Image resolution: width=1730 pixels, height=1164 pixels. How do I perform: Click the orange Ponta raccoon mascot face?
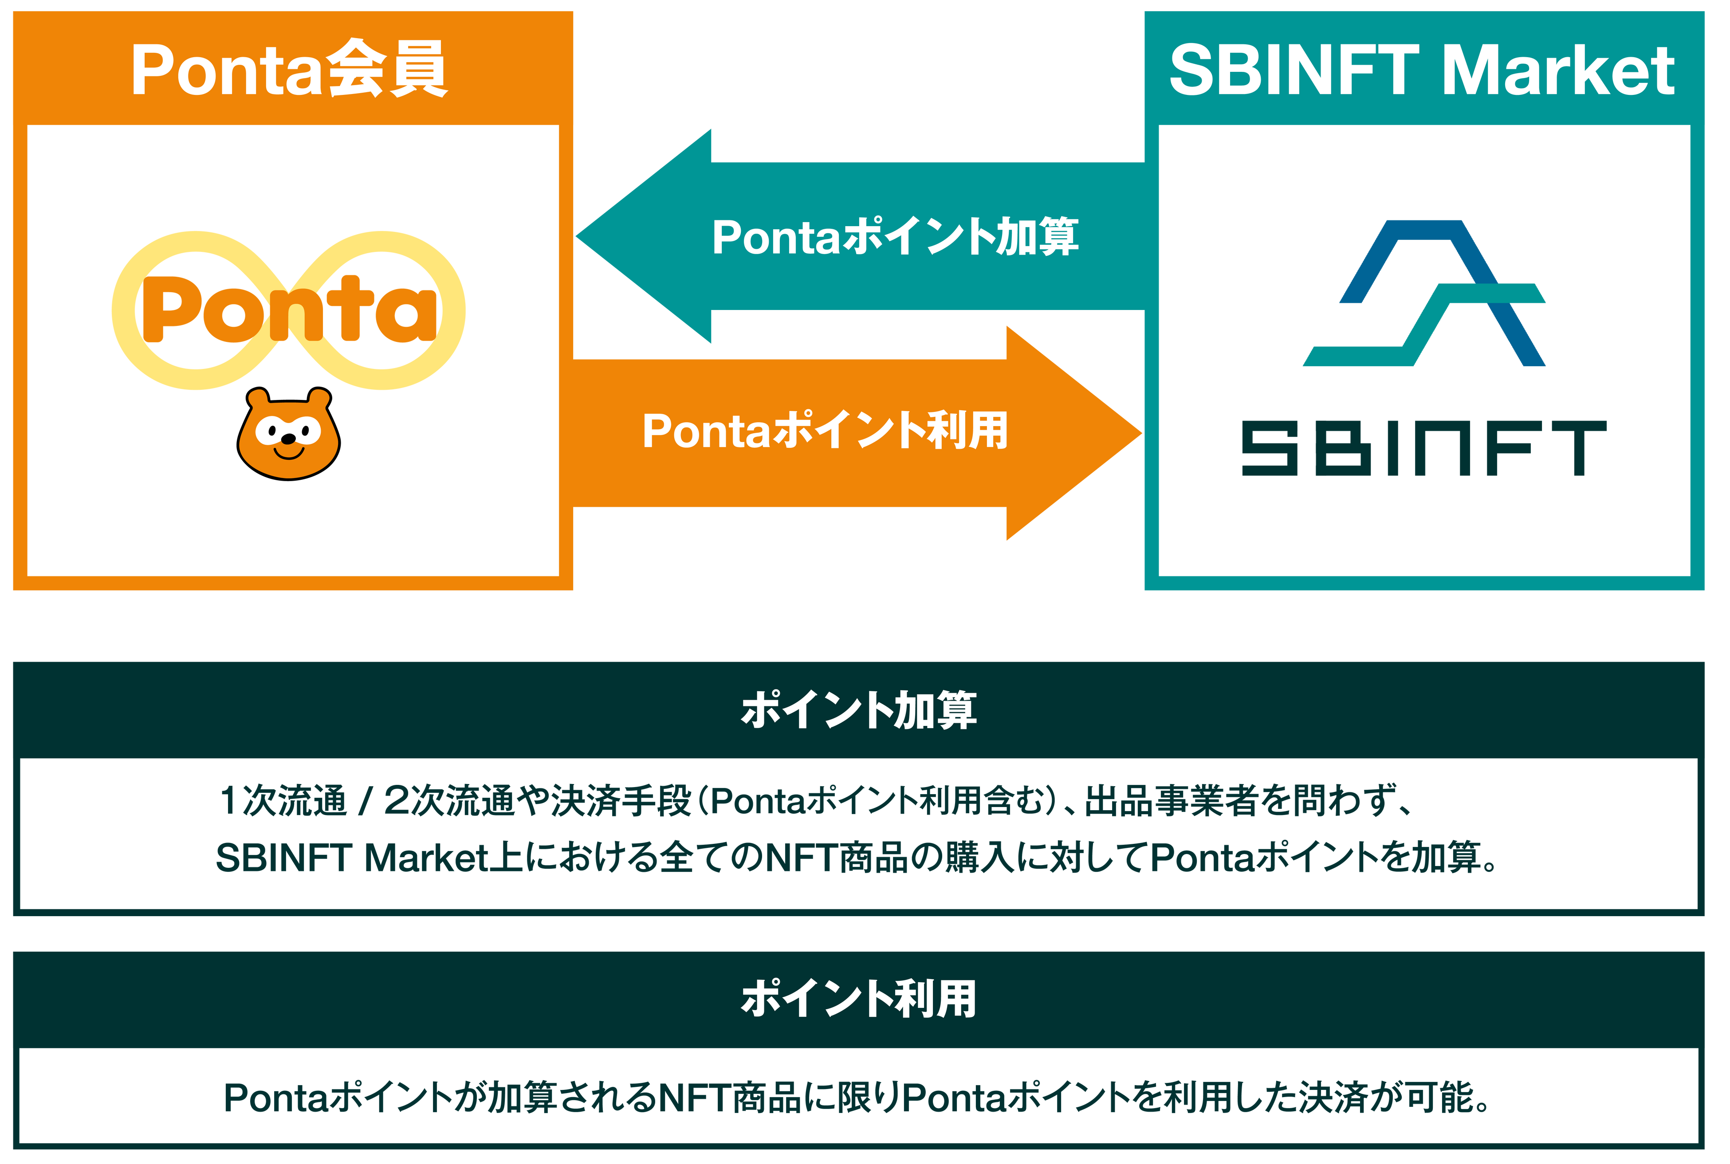pos(288,434)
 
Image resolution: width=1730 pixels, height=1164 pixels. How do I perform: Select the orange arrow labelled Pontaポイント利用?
pos(824,431)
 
